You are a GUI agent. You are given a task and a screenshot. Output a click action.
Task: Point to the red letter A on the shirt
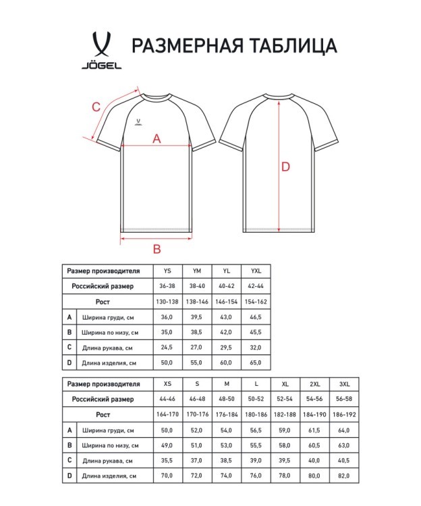157,138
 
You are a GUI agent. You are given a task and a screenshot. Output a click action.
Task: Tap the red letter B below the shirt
157,249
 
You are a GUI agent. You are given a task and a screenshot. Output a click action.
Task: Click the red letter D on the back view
285,167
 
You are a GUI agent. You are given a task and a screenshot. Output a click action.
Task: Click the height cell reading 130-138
167,302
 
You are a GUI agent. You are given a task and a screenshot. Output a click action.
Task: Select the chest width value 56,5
256,430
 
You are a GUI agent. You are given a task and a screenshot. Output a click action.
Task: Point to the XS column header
167,383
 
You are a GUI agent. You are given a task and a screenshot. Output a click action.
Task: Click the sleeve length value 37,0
196,460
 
